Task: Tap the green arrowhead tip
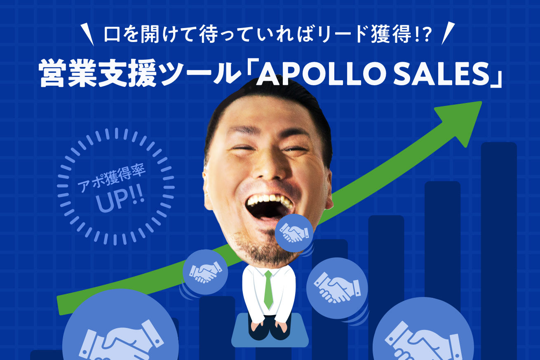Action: [481, 101]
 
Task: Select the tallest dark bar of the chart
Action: [499, 250]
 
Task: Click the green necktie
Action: [268, 290]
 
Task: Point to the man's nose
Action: [268, 169]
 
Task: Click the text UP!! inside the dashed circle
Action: [120, 201]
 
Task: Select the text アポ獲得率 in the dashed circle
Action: [112, 178]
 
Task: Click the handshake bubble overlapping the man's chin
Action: [294, 233]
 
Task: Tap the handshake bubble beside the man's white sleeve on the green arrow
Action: [205, 272]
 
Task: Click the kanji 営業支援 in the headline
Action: [98, 74]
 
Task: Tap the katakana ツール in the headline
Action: [198, 74]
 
